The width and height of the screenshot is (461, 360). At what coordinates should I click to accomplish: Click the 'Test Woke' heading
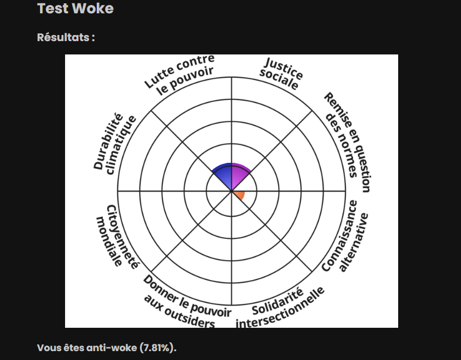pyautogui.click(x=75, y=8)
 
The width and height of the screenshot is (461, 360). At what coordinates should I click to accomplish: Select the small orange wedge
pyautogui.click(x=240, y=195)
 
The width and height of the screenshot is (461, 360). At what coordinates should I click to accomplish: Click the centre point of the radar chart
pyautogui.click(x=231, y=191)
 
